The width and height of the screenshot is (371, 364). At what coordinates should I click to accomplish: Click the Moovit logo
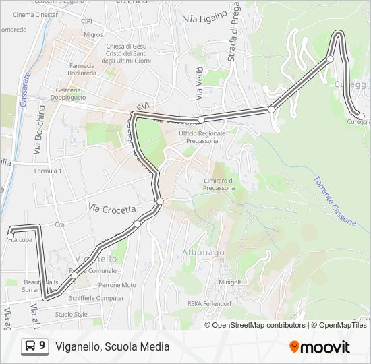click(x=320, y=346)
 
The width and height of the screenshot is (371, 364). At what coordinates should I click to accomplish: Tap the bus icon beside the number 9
click(x=30, y=346)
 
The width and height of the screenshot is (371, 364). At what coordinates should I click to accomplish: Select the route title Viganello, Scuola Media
click(x=112, y=346)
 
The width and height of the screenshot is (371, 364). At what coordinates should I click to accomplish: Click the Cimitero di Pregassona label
click(x=219, y=184)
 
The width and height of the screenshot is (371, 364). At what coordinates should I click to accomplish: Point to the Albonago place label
click(x=203, y=252)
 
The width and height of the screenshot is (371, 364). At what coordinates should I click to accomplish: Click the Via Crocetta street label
click(x=112, y=209)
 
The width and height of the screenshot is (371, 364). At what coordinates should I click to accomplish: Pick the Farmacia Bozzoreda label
click(x=82, y=69)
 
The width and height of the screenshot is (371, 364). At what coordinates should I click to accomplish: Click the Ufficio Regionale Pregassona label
click(x=202, y=137)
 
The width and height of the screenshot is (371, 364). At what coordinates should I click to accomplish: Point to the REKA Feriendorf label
click(x=209, y=304)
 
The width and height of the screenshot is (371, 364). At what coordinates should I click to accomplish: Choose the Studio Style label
click(x=71, y=314)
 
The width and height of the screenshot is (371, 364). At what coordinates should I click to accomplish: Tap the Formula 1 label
click(x=48, y=171)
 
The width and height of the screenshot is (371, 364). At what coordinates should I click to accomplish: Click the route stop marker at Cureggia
click(x=361, y=117)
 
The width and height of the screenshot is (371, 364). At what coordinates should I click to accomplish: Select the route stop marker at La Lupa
click(x=10, y=236)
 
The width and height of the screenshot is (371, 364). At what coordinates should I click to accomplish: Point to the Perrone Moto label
click(x=117, y=285)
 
